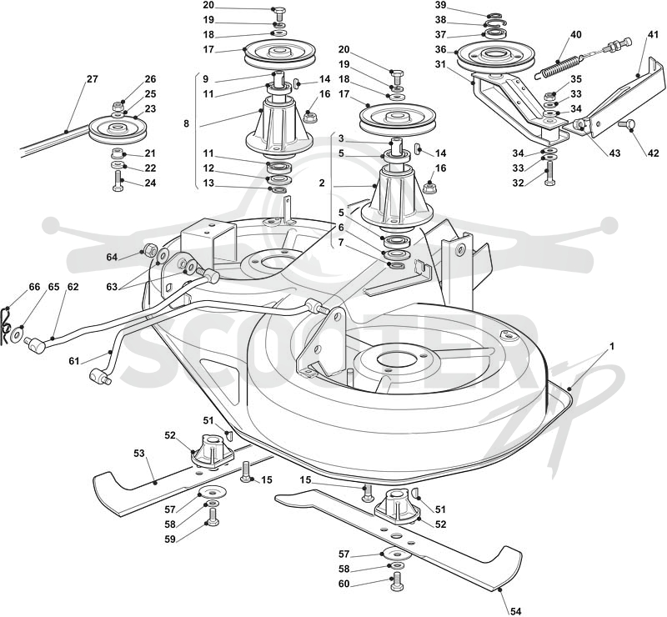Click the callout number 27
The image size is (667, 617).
pyautogui.click(x=93, y=79)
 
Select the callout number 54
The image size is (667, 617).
pyautogui.click(x=515, y=611)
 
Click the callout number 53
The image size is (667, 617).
pyautogui.click(x=139, y=454)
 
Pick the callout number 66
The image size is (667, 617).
pyautogui.click(x=34, y=287)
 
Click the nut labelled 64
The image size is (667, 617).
pyautogui.click(x=149, y=249)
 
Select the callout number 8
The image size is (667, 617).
pyautogui.click(x=186, y=124)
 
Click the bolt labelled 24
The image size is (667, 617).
pyautogui.click(x=118, y=180)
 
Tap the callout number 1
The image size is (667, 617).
pyautogui.click(x=612, y=347)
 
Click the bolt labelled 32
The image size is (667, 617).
pyautogui.click(x=549, y=176)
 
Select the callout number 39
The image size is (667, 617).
pyautogui.click(x=441, y=5)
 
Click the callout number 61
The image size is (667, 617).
pyautogui.click(x=74, y=361)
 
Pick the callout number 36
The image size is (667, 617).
pyautogui.click(x=441, y=49)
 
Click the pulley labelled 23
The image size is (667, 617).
pyautogui.click(x=118, y=129)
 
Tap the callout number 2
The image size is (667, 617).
pyautogui.click(x=322, y=183)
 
